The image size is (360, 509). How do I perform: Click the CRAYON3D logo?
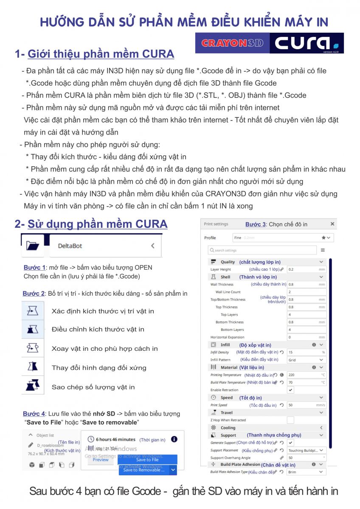[233, 43]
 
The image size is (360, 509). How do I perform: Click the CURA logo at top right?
[307, 43]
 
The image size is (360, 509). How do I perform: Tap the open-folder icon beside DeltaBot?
[32, 246]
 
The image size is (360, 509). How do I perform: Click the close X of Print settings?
[332, 224]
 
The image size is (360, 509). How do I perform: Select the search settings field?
[262, 250]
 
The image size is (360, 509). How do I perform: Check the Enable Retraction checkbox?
[291, 390]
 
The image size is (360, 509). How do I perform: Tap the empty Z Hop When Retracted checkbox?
[291, 420]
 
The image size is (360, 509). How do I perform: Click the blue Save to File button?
[147, 459]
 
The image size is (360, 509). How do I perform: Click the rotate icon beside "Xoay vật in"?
[33, 348]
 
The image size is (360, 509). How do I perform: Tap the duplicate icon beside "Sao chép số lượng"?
[33, 386]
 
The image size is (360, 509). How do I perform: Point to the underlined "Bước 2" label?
[34, 294]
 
